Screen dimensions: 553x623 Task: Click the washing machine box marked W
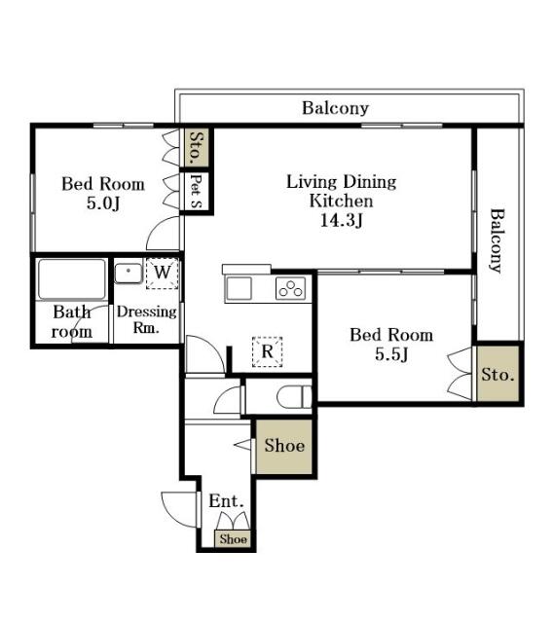tap(162, 273)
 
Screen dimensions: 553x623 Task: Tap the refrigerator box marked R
tap(268, 351)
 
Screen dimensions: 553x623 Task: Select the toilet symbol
tap(294, 396)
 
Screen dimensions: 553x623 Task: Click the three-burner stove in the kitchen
tap(291, 288)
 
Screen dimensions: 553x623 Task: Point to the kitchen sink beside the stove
tap(239, 288)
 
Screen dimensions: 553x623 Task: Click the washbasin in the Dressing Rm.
tap(129, 273)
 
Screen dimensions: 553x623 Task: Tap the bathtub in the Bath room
tap(72, 279)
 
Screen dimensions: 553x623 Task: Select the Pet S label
tap(196, 191)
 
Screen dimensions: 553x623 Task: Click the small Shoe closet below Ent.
tap(233, 538)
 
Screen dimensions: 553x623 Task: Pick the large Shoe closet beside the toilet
tap(284, 446)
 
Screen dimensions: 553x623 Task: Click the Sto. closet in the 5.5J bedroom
tap(498, 374)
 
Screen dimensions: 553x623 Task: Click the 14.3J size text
tap(342, 221)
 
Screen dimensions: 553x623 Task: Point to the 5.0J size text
tap(103, 203)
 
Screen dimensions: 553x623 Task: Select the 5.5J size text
tap(391, 354)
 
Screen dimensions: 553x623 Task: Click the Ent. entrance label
tap(226, 500)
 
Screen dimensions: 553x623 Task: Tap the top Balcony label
tap(335, 108)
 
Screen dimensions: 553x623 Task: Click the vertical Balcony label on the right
tap(497, 240)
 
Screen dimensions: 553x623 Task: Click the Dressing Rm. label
tap(147, 319)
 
